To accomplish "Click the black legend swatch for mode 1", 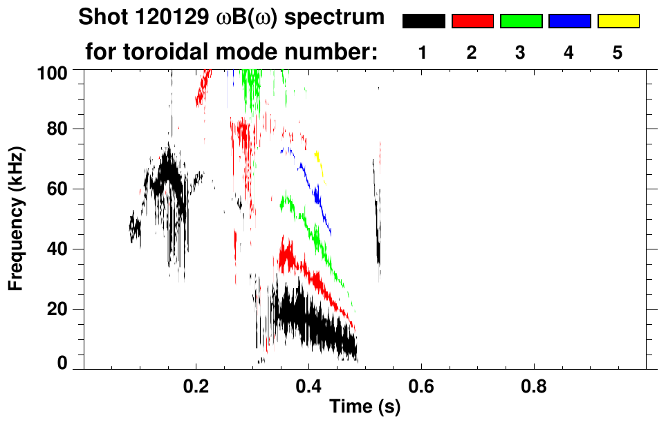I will click(424, 21).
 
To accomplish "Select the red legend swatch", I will click(472, 21).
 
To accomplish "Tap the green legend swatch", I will click(521, 21).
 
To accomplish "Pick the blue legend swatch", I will click(569, 21).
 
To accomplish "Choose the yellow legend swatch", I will click(618, 21).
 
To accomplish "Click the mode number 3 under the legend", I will click(520, 53).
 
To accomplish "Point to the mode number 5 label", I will click(618, 53).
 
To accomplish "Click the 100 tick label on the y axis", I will click(53, 72).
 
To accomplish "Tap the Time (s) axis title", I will click(364, 408).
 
